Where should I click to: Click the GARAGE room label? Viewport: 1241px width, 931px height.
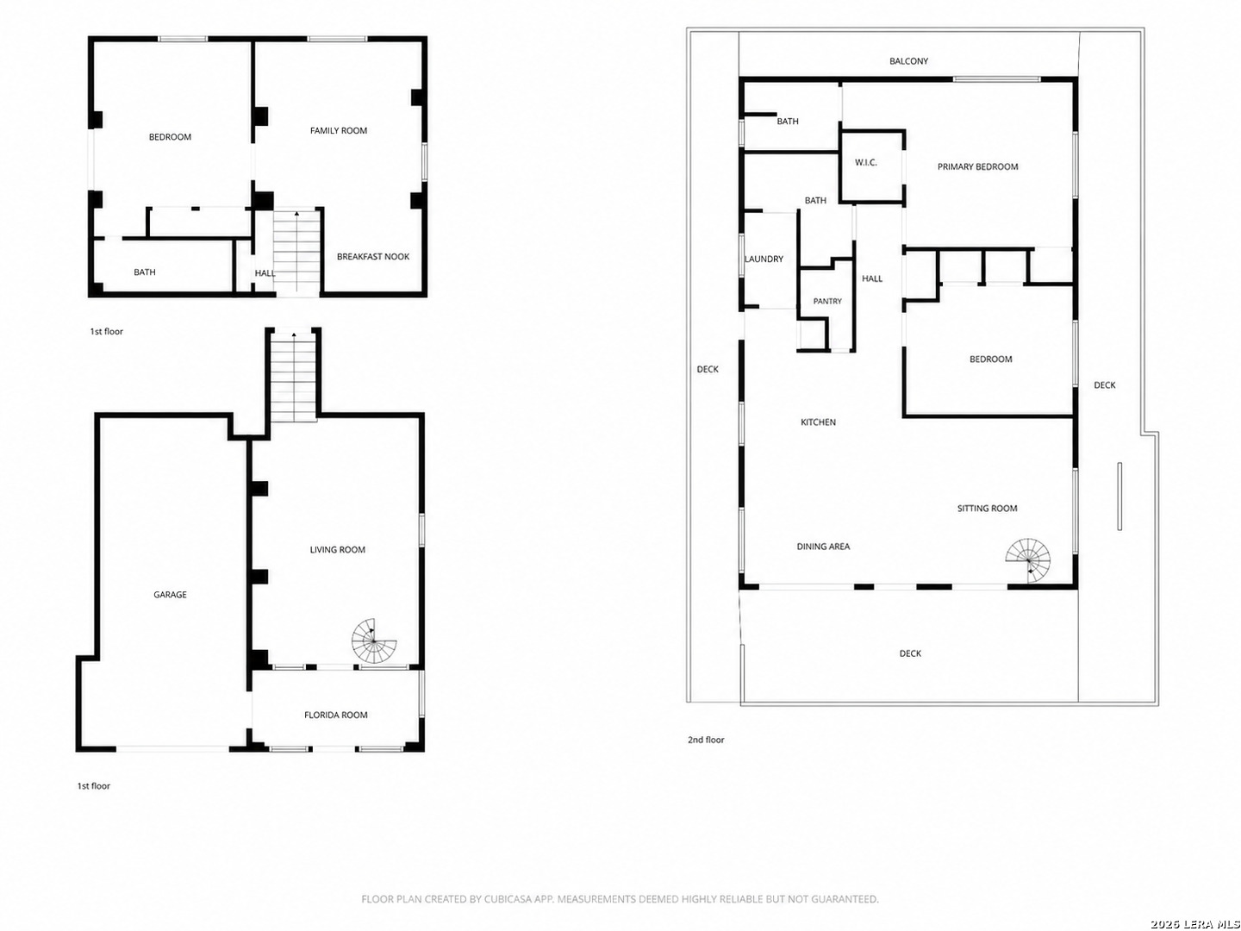[x=170, y=594]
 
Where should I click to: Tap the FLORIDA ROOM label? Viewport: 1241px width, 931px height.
[x=336, y=715]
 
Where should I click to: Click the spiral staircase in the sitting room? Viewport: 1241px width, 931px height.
[x=1028, y=560]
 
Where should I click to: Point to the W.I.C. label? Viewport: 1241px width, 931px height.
[x=865, y=162]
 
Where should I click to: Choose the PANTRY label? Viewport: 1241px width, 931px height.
[x=827, y=302]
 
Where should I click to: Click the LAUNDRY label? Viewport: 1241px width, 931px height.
[x=764, y=259]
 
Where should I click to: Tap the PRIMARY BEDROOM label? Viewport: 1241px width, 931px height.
[x=977, y=166]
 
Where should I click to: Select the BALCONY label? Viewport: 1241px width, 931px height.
[x=908, y=61]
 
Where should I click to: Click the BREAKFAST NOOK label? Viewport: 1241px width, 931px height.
[x=373, y=256]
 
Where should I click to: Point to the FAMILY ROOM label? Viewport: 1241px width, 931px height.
[x=339, y=130]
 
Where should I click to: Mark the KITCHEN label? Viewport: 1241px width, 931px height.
[x=818, y=422]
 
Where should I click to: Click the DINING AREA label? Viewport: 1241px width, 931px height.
[x=823, y=546]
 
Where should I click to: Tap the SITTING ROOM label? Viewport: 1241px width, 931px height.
[x=987, y=509]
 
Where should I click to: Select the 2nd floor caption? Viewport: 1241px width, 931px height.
[x=706, y=740]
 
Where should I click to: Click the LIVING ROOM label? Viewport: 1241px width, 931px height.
[x=338, y=549]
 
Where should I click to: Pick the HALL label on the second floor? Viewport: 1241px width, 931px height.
[x=872, y=278]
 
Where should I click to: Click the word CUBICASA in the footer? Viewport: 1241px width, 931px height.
[x=507, y=899]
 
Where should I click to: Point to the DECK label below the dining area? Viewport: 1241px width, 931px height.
[x=910, y=653]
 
